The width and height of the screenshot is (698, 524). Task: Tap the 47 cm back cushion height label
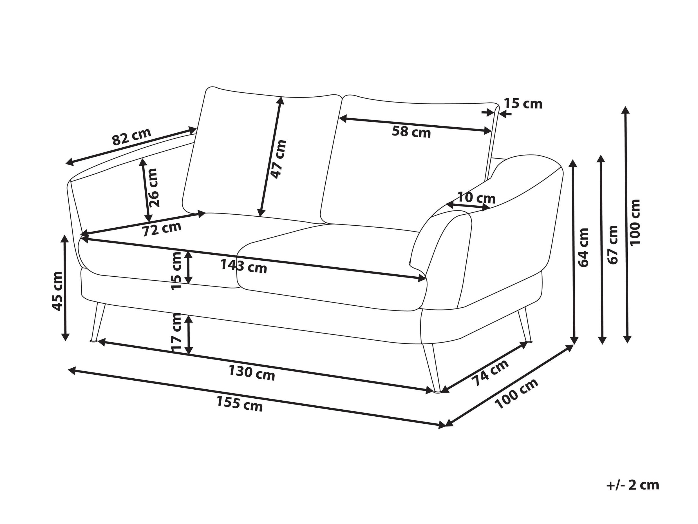pyautogui.click(x=279, y=159)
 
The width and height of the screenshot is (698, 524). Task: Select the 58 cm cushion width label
pyautogui.click(x=411, y=132)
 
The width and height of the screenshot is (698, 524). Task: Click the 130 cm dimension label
pyautogui.click(x=252, y=373)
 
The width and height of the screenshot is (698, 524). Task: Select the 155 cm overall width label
pyautogui.click(x=239, y=404)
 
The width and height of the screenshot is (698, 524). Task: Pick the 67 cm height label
pyautogui.click(x=612, y=245)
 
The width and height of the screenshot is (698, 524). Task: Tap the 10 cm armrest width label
pyautogui.click(x=476, y=198)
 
